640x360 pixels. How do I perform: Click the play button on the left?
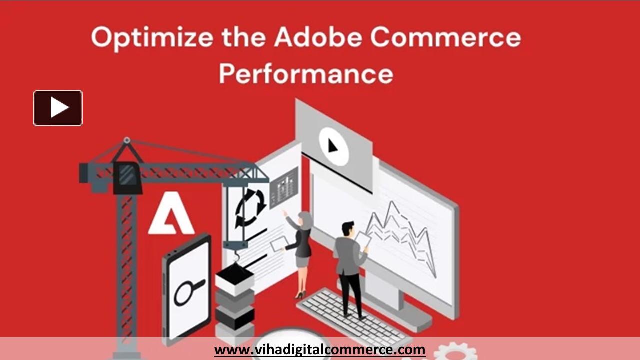pyautogui.click(x=58, y=108)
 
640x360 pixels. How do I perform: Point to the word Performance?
pyautogui.click(x=306, y=73)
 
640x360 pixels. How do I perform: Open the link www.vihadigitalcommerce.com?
pyautogui.click(x=320, y=349)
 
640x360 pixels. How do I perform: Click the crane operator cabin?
pyautogui.click(x=127, y=177)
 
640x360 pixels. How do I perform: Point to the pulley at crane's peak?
pyautogui.click(x=127, y=141)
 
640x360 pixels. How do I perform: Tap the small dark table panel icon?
pyautogui.click(x=284, y=187)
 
